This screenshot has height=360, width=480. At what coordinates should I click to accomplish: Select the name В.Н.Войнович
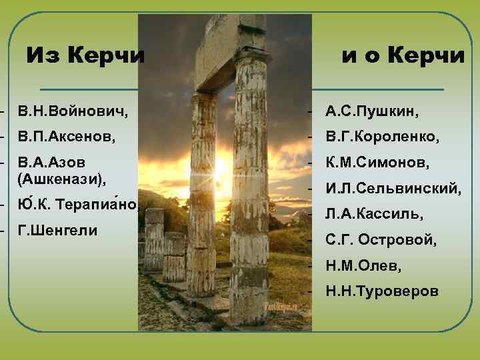(74, 109)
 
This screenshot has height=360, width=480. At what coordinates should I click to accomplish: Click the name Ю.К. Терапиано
(78, 204)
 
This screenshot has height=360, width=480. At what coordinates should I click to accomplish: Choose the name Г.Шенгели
(58, 231)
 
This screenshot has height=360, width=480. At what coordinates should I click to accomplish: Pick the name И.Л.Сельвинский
(393, 189)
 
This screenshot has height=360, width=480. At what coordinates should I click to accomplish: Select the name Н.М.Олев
(363, 266)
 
